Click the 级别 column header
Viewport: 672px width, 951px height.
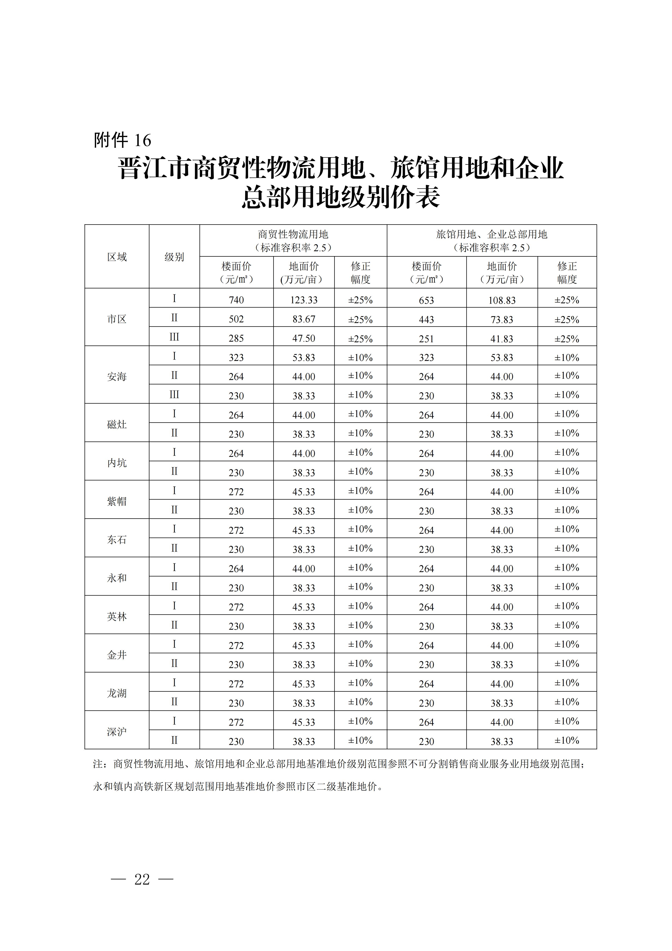[174, 257]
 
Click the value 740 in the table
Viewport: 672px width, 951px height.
[236, 300]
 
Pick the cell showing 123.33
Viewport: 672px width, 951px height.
[304, 300]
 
